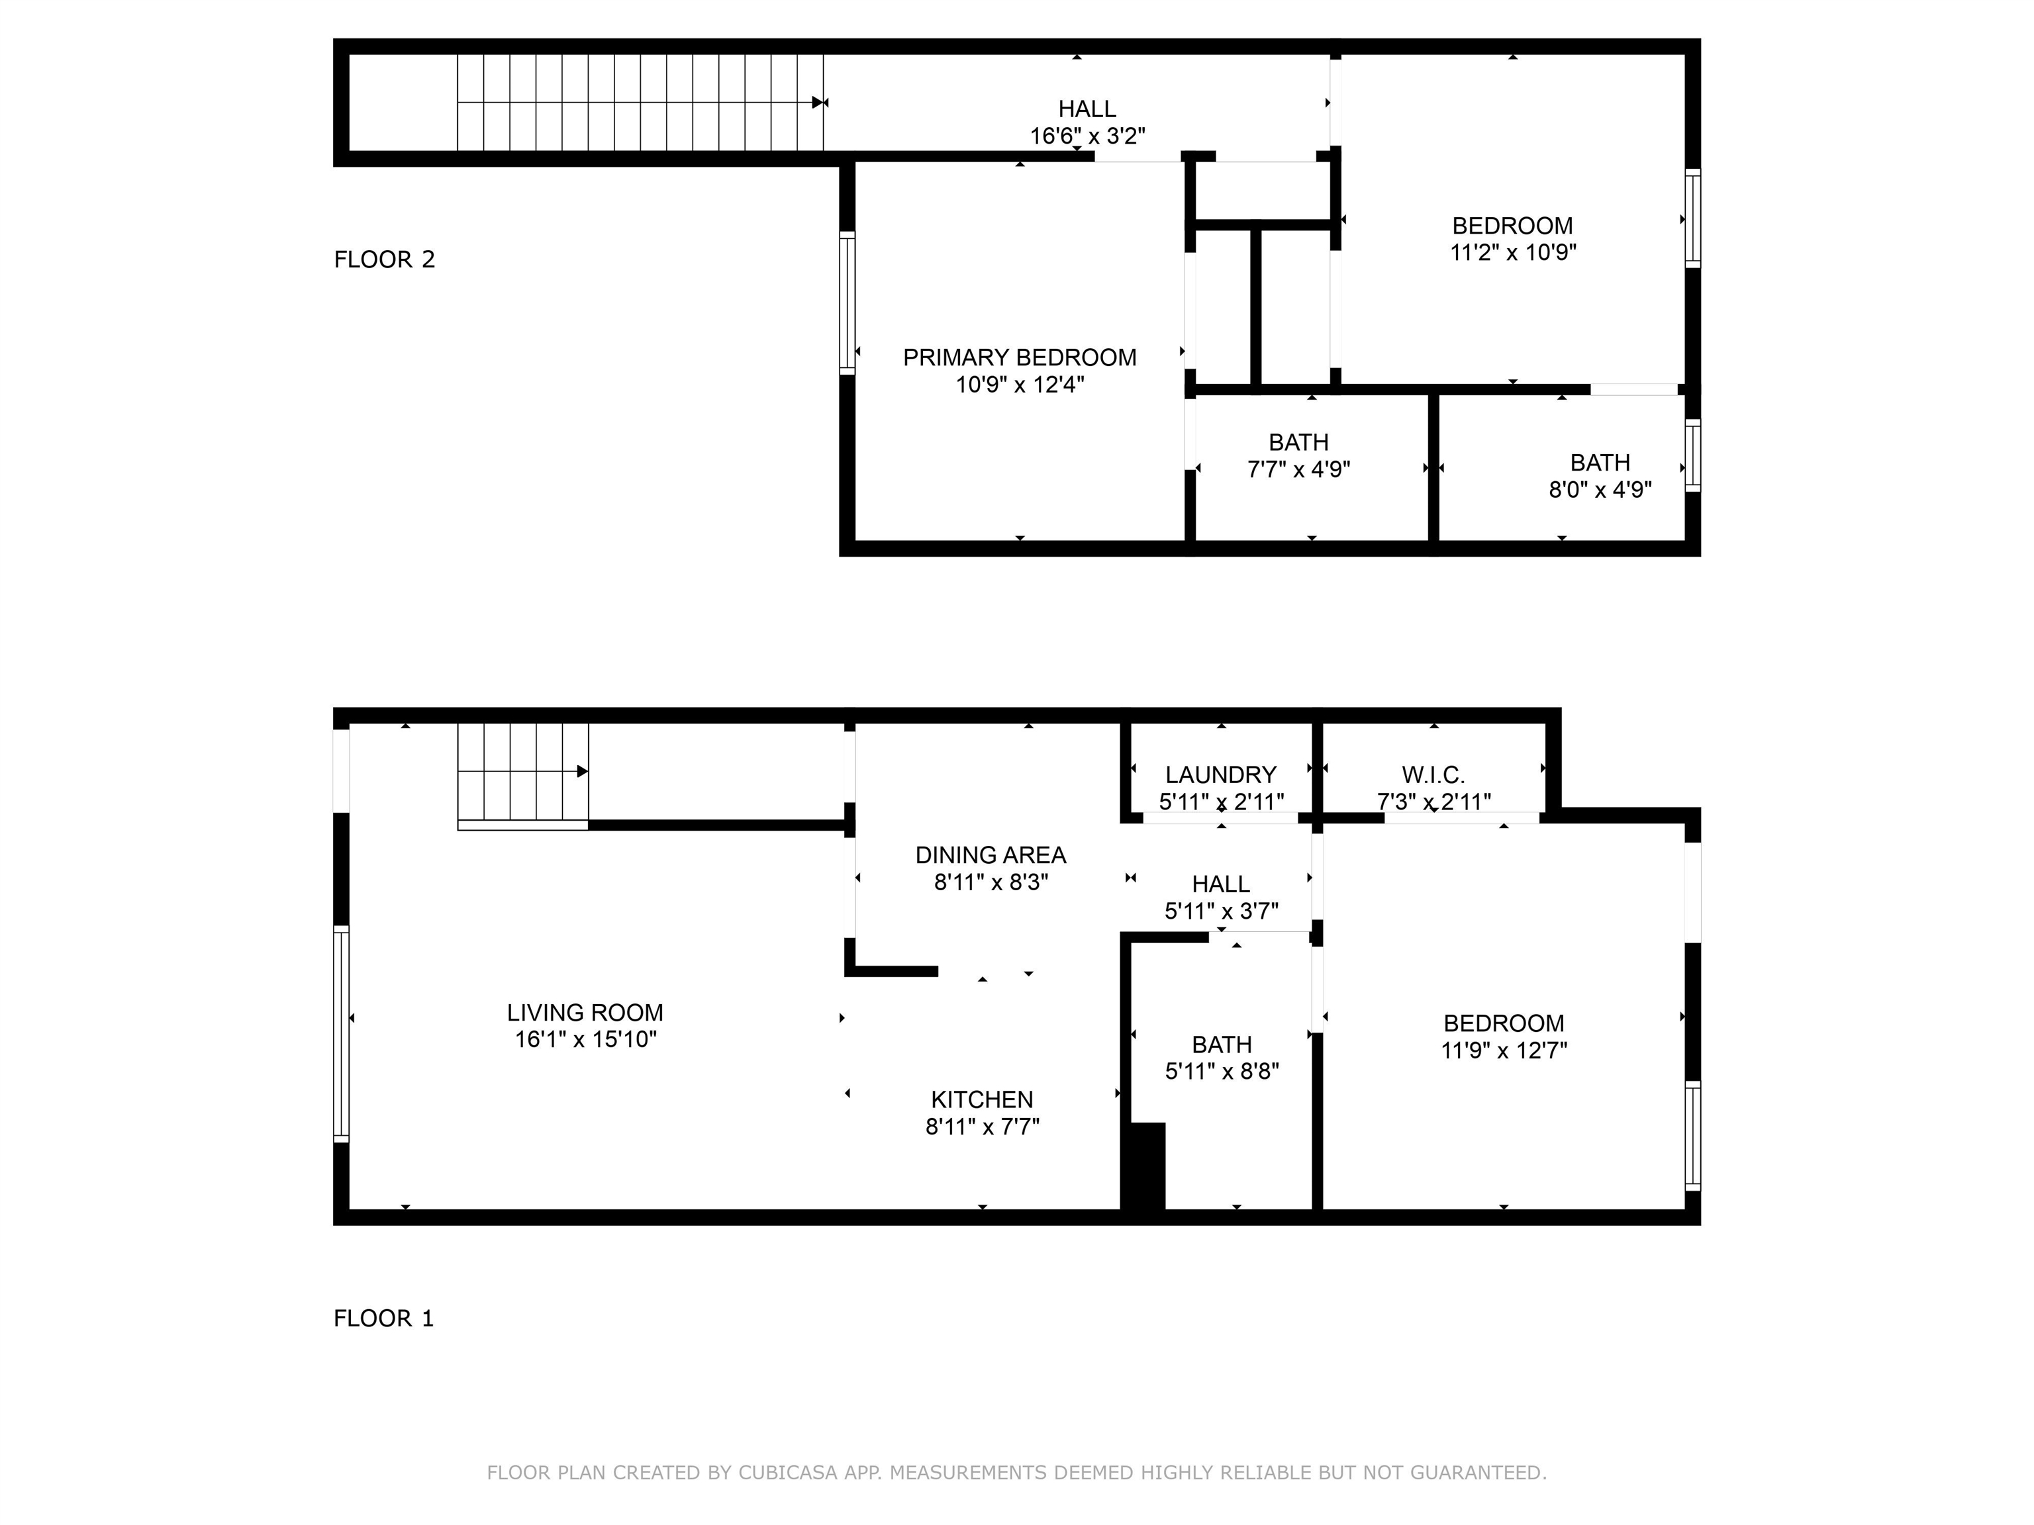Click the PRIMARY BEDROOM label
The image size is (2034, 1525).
(1019, 357)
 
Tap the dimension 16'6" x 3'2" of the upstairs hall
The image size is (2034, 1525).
(1087, 136)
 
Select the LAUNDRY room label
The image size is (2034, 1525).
(1220, 775)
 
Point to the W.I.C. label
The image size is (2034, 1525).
(1433, 775)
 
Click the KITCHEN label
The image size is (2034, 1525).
(981, 1099)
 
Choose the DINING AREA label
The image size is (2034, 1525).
(991, 855)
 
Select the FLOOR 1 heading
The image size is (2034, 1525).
(383, 1318)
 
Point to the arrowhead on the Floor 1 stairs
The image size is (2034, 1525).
(582, 771)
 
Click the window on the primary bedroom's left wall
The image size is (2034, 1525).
(847, 302)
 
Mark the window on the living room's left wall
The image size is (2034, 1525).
(341, 1034)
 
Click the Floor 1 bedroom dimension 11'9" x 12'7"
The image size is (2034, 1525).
(1504, 1050)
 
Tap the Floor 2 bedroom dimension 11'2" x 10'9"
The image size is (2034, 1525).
(1513, 252)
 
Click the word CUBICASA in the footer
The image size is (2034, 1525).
(787, 1473)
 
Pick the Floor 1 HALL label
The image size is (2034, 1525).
(1220, 884)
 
